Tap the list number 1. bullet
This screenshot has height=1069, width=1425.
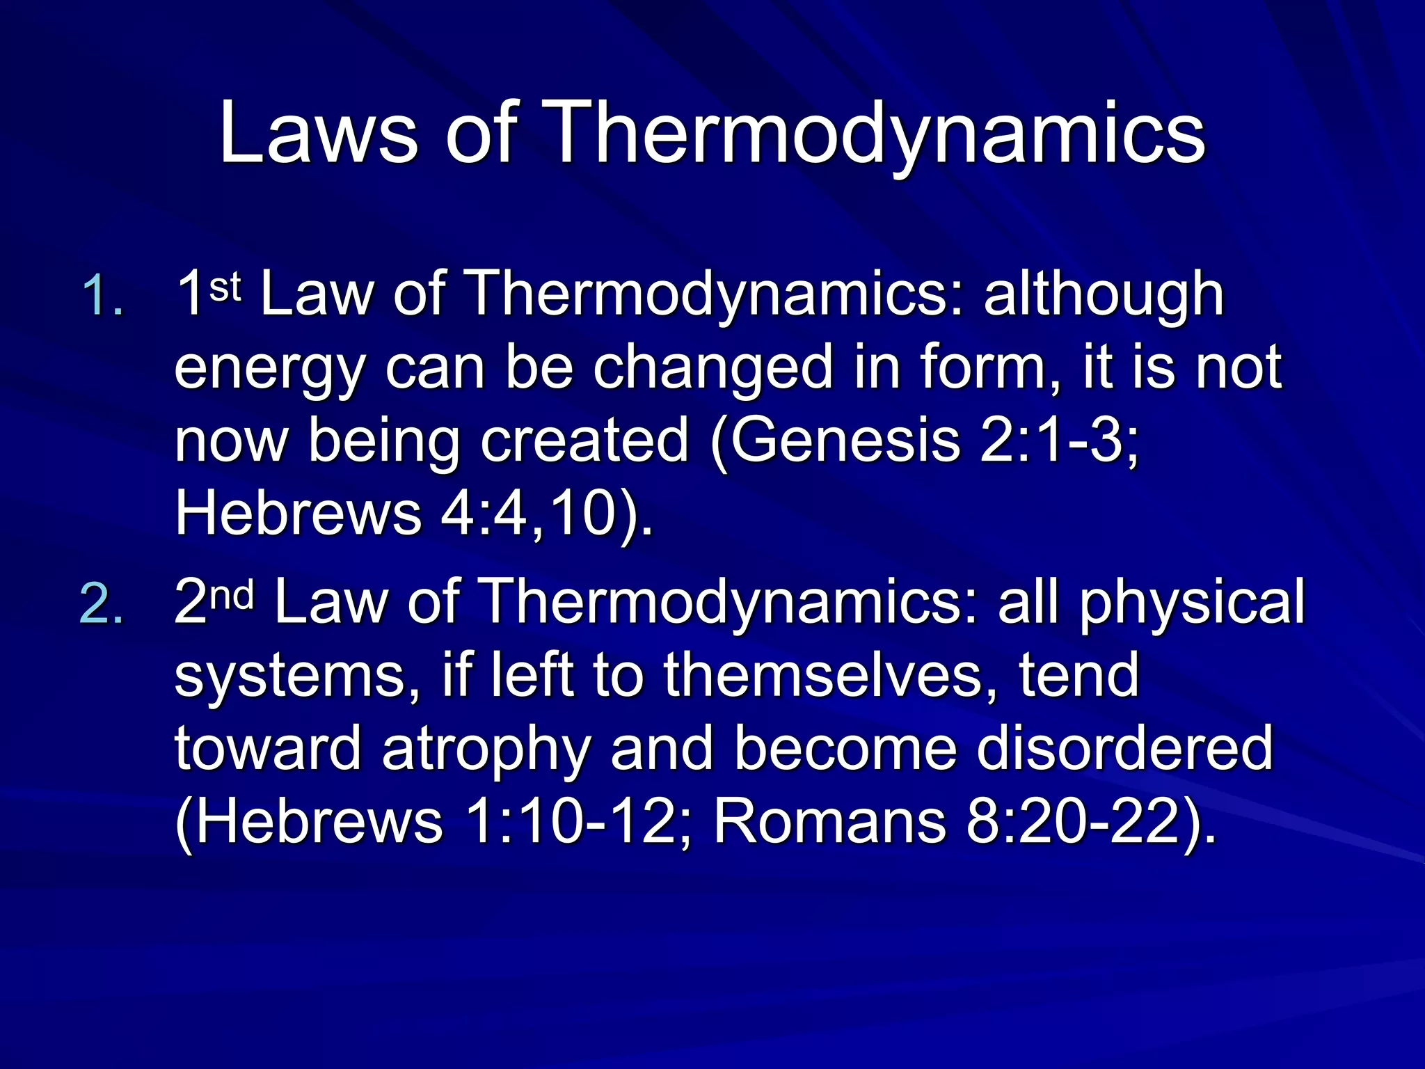[x=102, y=296]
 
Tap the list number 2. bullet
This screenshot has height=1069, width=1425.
[x=102, y=604]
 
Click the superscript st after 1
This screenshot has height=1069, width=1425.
[x=225, y=286]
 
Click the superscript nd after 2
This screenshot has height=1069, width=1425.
[x=232, y=595]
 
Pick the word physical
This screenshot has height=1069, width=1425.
[x=1193, y=604]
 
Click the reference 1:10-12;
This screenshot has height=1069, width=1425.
[x=580, y=822]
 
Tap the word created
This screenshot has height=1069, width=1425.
[x=584, y=441]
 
